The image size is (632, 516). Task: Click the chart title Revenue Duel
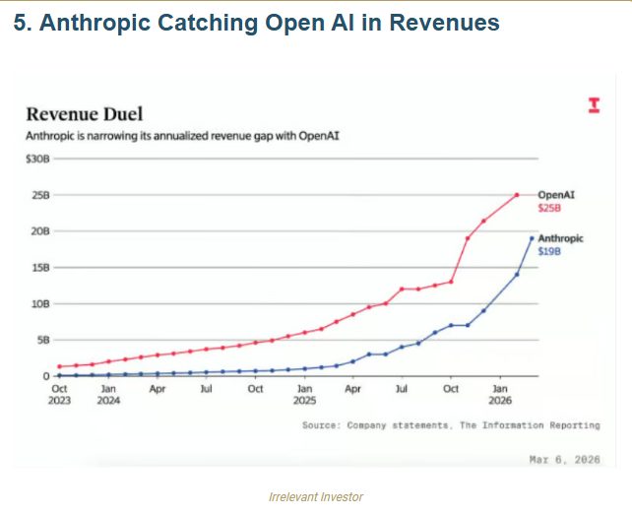(85, 113)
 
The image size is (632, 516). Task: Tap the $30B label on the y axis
(36, 159)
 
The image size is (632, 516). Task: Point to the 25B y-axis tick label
(39, 195)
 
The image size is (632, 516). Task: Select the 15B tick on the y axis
(39, 267)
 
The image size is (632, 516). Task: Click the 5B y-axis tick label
(41, 340)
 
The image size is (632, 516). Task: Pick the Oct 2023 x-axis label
(60, 396)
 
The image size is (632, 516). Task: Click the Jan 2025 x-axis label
(304, 396)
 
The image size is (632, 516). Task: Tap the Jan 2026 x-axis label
(500, 396)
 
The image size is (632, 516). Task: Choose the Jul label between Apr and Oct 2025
(402, 390)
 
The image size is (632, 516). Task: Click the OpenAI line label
(556, 195)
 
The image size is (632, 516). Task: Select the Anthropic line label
(562, 238)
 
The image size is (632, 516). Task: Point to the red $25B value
(549, 209)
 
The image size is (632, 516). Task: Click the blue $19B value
(549, 252)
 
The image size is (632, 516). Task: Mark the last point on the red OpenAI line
(517, 195)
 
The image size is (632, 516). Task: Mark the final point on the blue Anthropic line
(533, 237)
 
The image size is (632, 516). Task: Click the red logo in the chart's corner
(594, 105)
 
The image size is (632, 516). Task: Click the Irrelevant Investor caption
(316, 497)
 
